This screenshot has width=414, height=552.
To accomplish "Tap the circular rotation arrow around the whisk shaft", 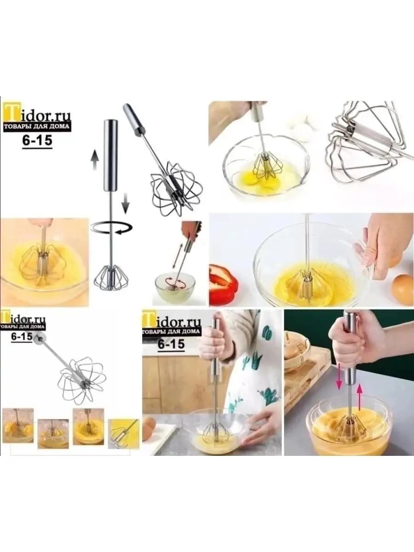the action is pos(112,228).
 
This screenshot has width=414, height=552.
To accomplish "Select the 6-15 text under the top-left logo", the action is pos(37,140).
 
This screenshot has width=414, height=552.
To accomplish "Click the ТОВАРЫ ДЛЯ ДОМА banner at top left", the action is pos(36,126).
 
